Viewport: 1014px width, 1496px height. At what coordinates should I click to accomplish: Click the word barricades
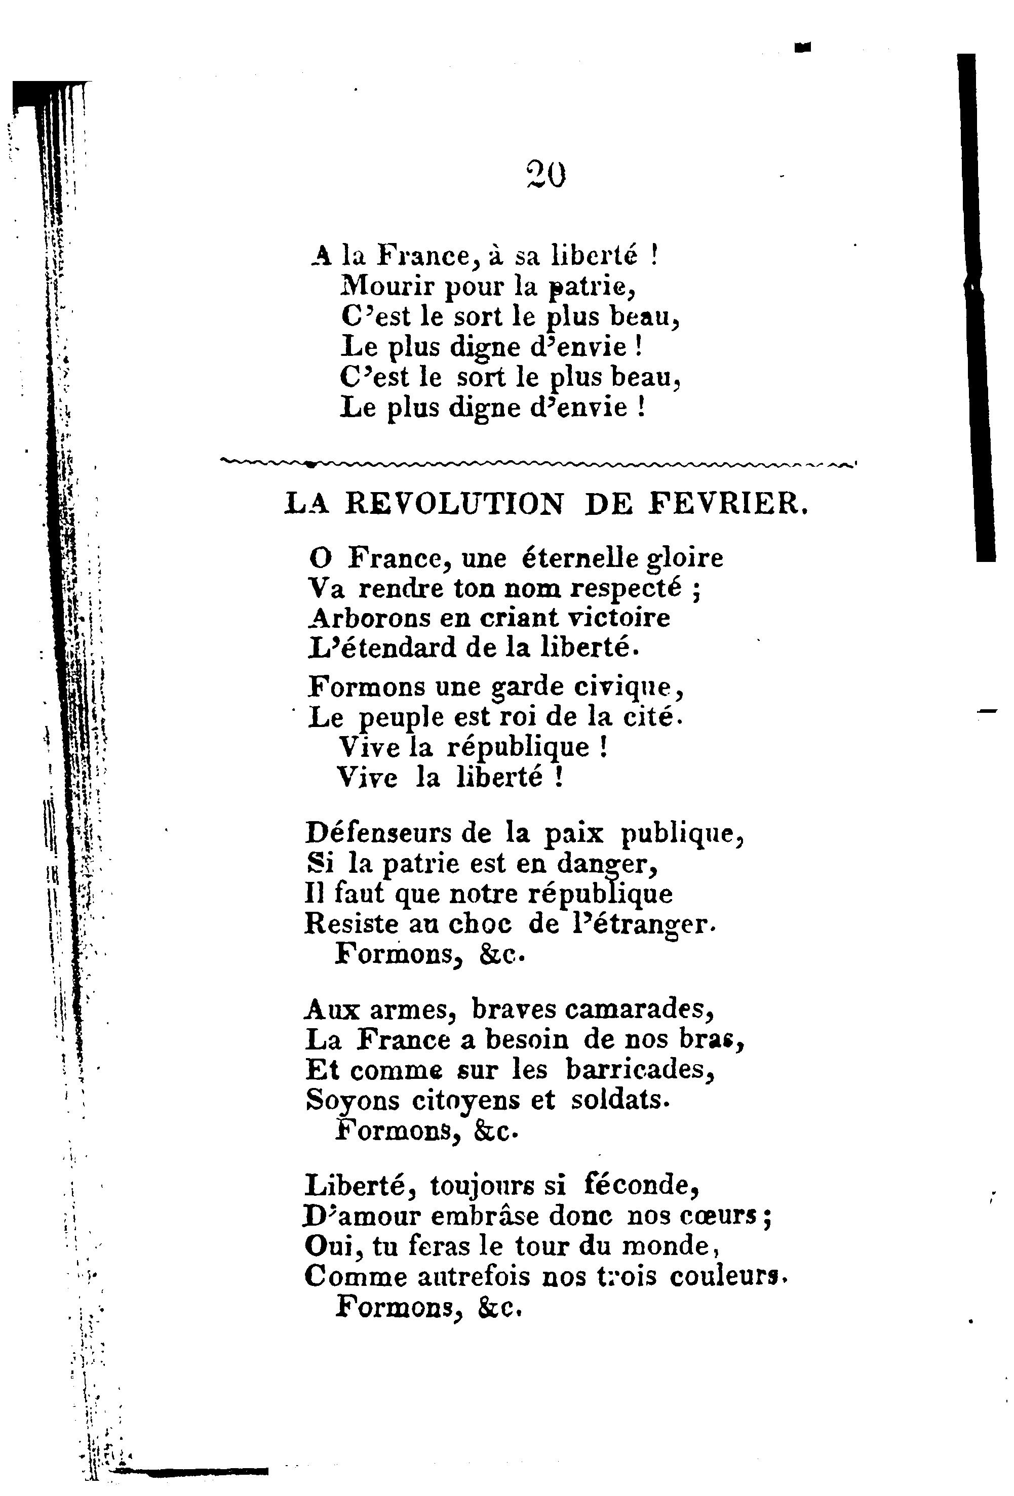pyautogui.click(x=640, y=1070)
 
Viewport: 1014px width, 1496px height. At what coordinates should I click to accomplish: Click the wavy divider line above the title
pyautogui.click(x=537, y=462)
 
